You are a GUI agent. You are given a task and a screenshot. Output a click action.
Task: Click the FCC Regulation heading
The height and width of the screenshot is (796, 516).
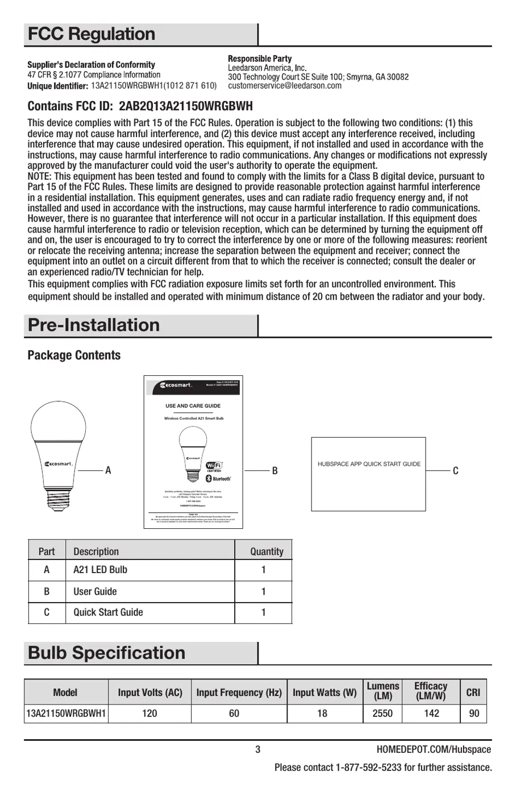(x=91, y=34)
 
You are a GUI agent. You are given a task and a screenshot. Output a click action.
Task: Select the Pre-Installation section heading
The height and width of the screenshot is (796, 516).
(x=94, y=325)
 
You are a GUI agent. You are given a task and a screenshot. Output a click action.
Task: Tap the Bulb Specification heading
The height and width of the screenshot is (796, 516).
(x=106, y=653)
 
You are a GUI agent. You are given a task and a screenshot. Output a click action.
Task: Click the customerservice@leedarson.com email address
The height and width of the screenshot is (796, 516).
(x=285, y=86)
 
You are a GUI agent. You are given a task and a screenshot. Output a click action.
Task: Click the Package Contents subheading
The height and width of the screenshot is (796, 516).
(x=74, y=355)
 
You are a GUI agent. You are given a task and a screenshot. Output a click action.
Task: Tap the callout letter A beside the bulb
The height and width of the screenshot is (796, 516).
(x=108, y=471)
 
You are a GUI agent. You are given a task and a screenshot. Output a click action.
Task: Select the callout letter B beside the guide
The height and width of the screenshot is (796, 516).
(x=274, y=471)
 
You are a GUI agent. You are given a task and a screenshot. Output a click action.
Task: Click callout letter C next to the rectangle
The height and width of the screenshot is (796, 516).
(x=455, y=471)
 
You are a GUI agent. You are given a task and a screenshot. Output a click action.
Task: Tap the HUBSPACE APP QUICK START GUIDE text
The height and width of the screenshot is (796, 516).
(x=369, y=464)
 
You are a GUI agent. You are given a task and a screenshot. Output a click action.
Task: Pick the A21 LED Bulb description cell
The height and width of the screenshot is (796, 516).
(x=100, y=570)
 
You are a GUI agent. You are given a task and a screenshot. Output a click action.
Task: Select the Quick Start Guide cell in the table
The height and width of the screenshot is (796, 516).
(x=108, y=612)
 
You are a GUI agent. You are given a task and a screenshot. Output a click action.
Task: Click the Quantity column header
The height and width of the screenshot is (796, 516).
(x=267, y=552)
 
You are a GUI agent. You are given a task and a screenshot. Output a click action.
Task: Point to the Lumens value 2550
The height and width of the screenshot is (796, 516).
(x=382, y=713)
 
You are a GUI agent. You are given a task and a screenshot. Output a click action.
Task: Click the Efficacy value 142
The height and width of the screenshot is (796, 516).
(x=431, y=713)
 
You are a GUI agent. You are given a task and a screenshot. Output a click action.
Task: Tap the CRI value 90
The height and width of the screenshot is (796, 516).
(x=474, y=713)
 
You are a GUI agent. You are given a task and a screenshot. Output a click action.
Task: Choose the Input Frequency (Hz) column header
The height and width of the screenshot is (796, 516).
(x=239, y=693)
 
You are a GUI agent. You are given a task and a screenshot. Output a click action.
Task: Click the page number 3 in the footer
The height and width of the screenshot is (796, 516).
(x=258, y=749)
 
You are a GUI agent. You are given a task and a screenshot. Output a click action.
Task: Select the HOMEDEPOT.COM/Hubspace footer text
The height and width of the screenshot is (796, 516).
(x=434, y=749)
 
